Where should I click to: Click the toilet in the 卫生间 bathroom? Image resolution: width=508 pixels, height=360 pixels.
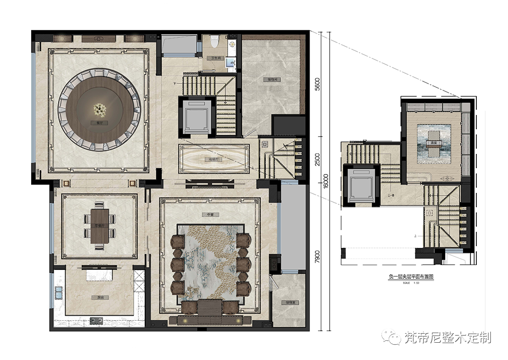[215, 41]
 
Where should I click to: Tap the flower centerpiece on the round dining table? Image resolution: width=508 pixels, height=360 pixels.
[100, 110]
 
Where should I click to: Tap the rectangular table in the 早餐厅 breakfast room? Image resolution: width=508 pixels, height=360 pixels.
[100, 226]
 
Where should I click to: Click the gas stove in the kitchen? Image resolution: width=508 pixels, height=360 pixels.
[96, 321]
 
